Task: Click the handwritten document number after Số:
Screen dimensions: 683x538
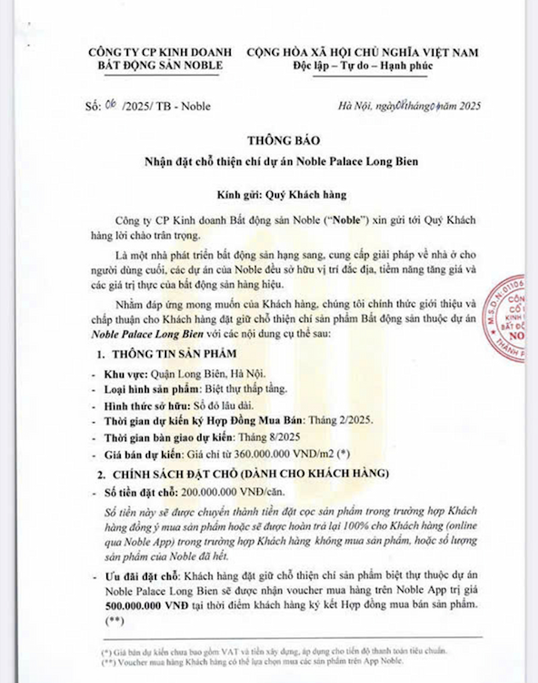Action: point(110,106)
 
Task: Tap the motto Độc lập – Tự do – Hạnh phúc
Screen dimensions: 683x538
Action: point(363,66)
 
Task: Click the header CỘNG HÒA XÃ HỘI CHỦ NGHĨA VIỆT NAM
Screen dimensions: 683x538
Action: point(363,53)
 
